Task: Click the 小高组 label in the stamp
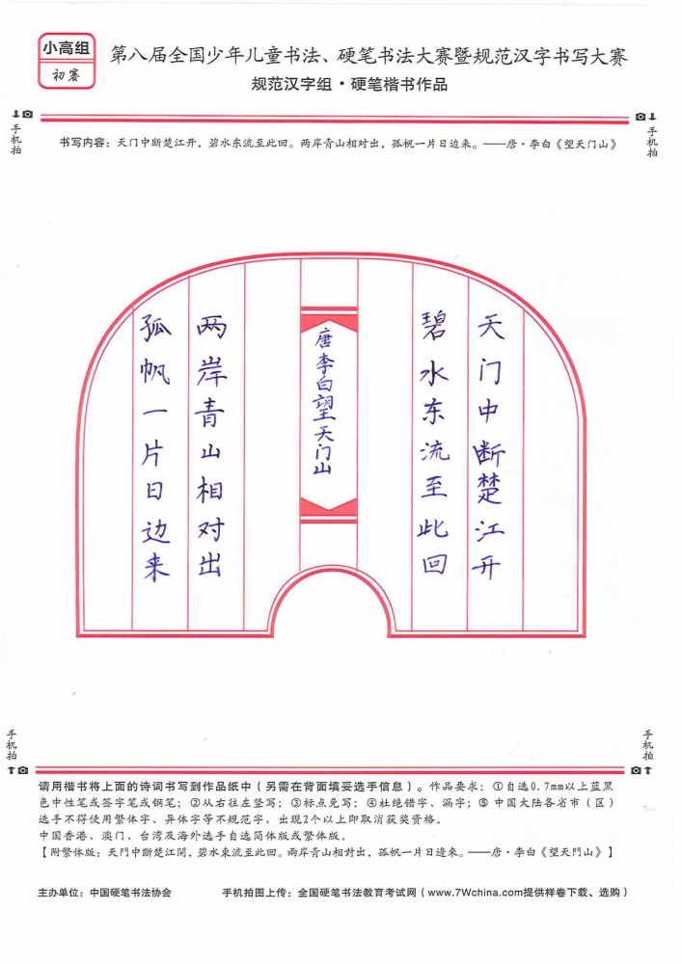pos(67,48)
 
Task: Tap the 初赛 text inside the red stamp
pos(67,75)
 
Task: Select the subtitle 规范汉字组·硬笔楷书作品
pos(349,84)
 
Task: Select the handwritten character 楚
pos(489,490)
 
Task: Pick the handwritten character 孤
pos(155,328)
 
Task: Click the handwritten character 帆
pos(155,371)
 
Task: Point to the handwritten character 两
pos(212,327)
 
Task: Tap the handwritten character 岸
pos(211,370)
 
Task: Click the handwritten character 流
pos(435,451)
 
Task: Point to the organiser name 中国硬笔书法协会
pos(130,892)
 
